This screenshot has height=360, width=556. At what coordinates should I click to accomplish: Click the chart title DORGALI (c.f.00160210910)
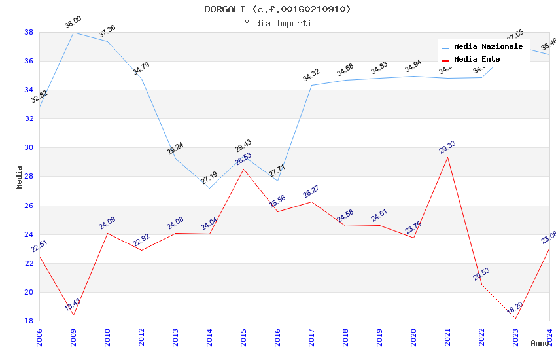point(277,9)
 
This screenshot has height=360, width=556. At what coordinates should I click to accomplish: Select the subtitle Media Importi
point(277,23)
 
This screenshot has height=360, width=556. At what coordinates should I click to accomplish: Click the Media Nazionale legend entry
point(488,47)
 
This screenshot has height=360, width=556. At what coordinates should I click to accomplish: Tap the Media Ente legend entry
point(477,60)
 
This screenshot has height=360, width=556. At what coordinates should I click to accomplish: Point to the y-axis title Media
point(20,177)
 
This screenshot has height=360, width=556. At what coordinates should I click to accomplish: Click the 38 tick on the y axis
point(29,32)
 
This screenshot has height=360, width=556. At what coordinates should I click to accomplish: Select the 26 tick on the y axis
point(29,206)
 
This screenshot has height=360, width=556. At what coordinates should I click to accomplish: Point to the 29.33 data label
point(447,147)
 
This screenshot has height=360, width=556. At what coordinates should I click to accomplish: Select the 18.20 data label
point(515,308)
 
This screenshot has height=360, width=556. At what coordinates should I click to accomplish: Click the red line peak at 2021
point(447,157)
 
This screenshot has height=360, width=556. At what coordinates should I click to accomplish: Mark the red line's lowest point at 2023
point(515,318)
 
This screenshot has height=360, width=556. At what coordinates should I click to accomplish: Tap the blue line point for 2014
point(209,188)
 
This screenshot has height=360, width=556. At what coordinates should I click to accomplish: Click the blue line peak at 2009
point(73,32)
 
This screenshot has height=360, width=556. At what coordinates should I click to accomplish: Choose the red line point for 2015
point(243,169)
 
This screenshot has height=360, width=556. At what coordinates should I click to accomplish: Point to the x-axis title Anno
point(540,343)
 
